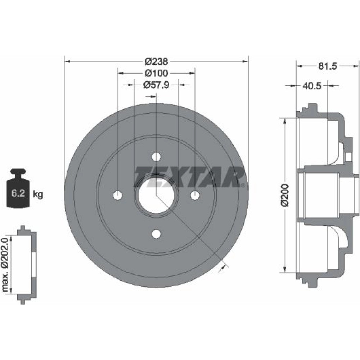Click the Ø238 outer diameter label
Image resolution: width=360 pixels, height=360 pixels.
pyautogui.click(x=156, y=62)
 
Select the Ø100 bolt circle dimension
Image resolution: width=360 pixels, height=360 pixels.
pyautogui.click(x=156, y=73)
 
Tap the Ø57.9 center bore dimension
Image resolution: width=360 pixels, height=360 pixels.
pyautogui.click(x=156, y=85)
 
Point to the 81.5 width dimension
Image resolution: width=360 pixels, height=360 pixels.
pyautogui.click(x=327, y=66)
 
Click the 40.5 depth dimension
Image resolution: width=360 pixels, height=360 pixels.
pyautogui.click(x=311, y=86)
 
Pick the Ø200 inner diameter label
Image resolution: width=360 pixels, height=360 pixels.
pyautogui.click(x=285, y=195)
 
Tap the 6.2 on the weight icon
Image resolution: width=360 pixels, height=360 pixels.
pyautogui.click(x=18, y=193)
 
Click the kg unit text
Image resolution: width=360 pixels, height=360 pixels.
pyautogui.click(x=38, y=194)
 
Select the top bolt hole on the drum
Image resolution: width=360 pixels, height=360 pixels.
pyautogui.click(x=156, y=157)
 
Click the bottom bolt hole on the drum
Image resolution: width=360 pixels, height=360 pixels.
pyautogui.click(x=156, y=234)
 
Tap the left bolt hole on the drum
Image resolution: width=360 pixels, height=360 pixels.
pyautogui.click(x=118, y=195)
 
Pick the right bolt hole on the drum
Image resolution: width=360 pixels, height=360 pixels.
pyautogui.click(x=195, y=195)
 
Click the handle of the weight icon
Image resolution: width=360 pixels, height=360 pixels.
pyautogui.click(x=18, y=171)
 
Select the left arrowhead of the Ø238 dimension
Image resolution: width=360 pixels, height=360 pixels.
pyautogui.click(x=67, y=62)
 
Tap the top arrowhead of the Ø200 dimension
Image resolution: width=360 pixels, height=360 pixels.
pyautogui.click(x=285, y=121)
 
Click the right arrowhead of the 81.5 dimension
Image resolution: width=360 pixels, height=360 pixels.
pyautogui.click(x=356, y=66)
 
